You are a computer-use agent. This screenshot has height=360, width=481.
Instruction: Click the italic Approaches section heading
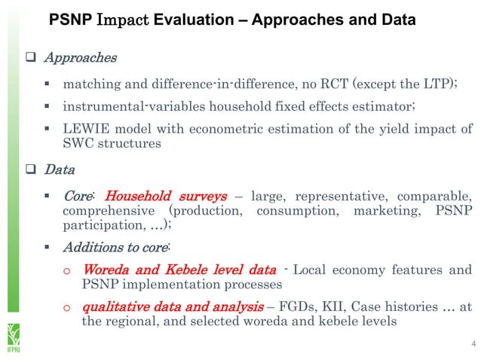point(80,57)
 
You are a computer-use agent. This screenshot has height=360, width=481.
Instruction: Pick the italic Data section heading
point(58,170)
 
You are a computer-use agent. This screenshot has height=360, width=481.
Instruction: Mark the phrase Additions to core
point(115,246)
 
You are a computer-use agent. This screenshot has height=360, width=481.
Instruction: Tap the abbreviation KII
point(328,307)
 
